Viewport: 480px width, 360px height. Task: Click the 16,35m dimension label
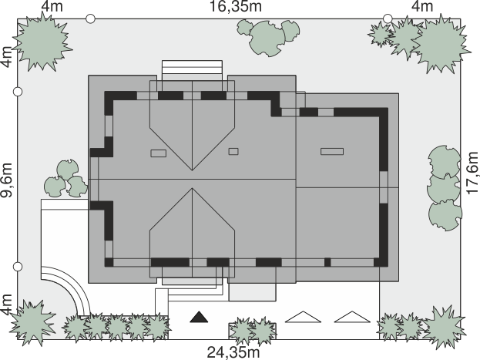click(236, 6)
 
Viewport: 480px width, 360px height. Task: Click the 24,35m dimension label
click(233, 352)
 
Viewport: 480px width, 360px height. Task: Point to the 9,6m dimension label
click(6, 180)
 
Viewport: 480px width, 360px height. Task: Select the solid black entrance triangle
click(199, 317)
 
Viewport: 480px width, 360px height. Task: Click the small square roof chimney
click(233, 151)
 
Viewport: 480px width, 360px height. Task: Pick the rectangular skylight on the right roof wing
click(332, 151)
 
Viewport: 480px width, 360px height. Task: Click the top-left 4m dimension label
click(52, 6)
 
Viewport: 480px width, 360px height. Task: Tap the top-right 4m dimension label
click(422, 6)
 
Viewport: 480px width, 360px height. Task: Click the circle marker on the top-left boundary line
click(90, 19)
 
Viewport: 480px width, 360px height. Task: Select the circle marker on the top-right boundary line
click(388, 19)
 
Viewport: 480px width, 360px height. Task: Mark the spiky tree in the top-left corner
click(42, 43)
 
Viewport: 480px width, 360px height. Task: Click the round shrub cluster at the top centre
click(268, 37)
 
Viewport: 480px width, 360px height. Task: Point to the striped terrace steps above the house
click(193, 70)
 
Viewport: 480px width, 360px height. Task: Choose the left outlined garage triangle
click(303, 317)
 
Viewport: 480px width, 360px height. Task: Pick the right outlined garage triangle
click(352, 317)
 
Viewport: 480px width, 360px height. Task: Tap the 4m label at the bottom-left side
click(6, 304)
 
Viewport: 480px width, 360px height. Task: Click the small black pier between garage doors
click(327, 262)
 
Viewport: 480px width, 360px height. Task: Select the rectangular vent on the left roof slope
click(159, 153)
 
